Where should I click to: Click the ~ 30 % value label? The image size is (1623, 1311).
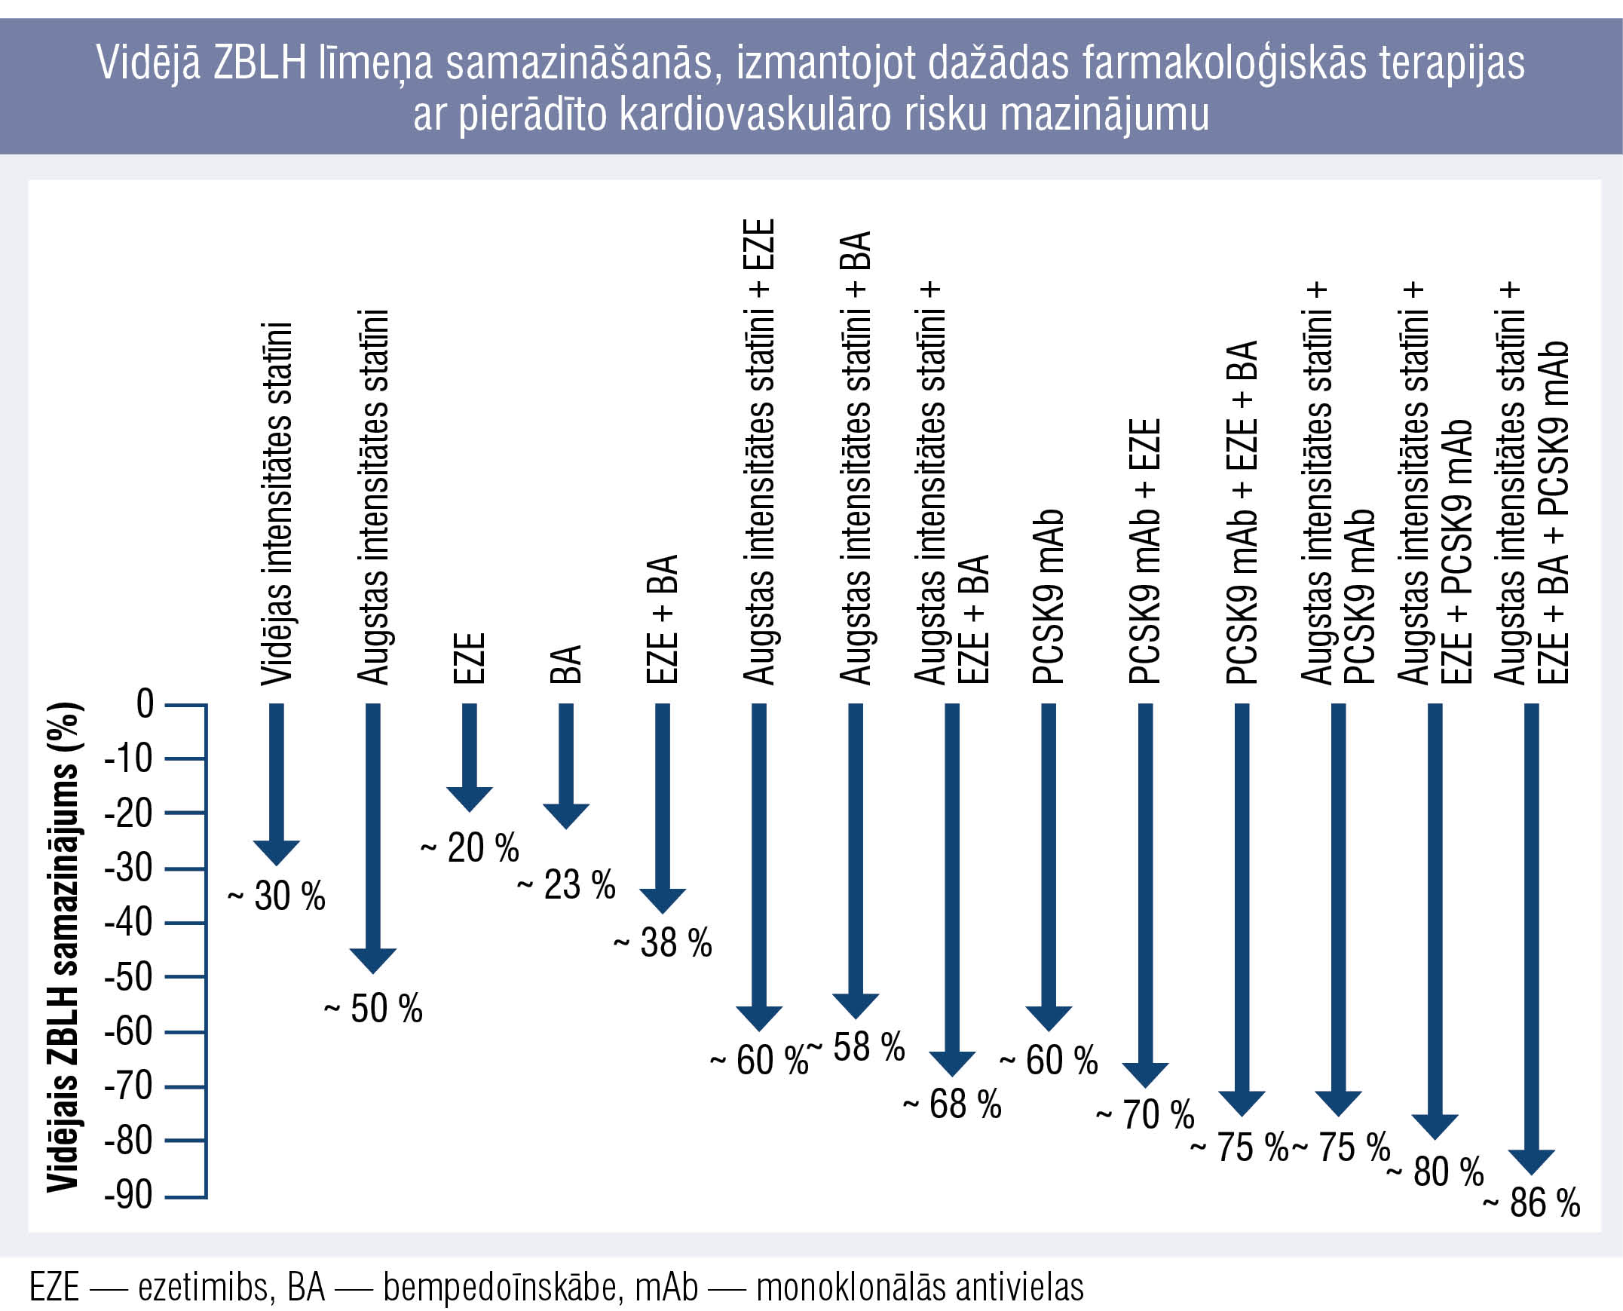(277, 896)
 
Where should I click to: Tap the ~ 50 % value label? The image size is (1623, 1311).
(373, 1009)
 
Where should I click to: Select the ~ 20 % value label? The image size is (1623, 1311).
(470, 847)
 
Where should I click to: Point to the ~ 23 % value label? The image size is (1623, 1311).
(566, 885)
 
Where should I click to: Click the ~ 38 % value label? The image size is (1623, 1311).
(663, 942)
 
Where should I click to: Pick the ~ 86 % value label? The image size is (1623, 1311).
(1532, 1203)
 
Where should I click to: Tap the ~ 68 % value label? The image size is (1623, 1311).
(952, 1105)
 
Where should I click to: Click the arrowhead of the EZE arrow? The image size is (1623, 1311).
(470, 798)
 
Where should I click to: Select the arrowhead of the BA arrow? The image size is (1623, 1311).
(566, 816)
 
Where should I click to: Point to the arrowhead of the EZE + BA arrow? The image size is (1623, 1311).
(663, 900)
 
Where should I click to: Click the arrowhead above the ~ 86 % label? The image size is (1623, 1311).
(1532, 1161)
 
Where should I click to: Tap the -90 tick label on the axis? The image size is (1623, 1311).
(128, 1196)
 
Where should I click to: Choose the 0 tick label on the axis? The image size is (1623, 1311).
(145, 703)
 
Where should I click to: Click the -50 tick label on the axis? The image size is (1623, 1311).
(128, 976)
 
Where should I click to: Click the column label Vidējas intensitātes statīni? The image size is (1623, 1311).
(277, 504)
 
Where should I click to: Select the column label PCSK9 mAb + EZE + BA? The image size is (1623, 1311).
(1242, 513)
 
